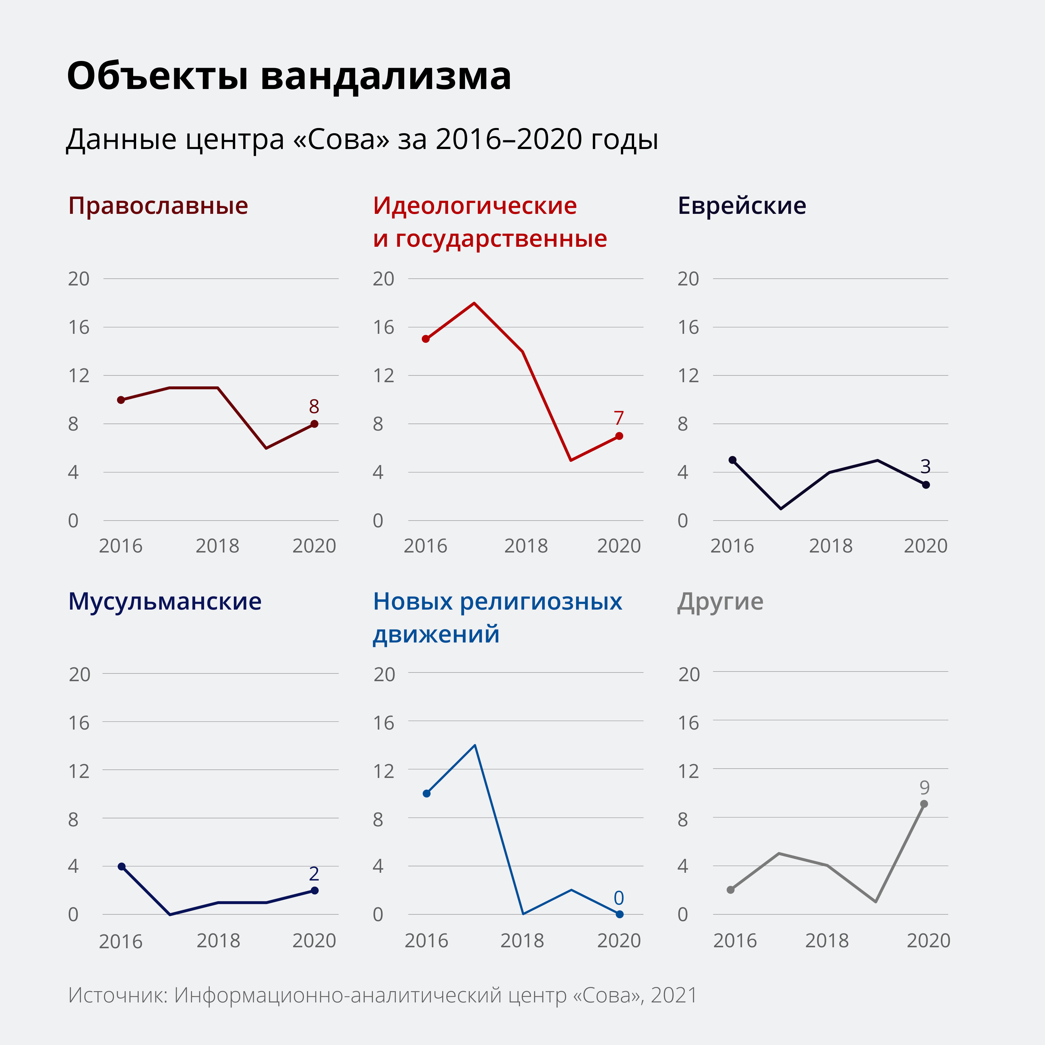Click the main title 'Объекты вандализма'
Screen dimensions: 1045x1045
[x=289, y=76]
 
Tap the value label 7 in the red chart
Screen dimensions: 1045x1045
[x=619, y=418]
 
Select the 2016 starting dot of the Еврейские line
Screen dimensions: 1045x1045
[x=732, y=460]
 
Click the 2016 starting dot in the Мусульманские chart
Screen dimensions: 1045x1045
[x=122, y=866]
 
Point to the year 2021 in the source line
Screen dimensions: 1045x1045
[x=674, y=995]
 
